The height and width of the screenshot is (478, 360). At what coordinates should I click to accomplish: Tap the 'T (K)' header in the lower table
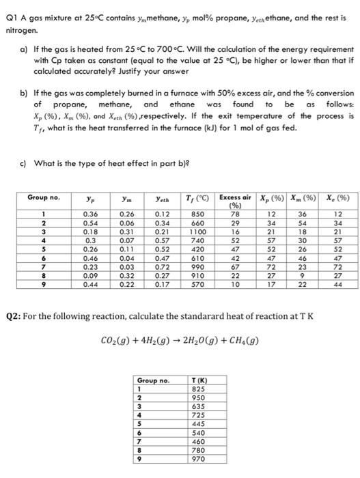pos(199,380)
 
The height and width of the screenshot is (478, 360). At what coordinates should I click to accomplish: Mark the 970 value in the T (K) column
pos(199,459)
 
